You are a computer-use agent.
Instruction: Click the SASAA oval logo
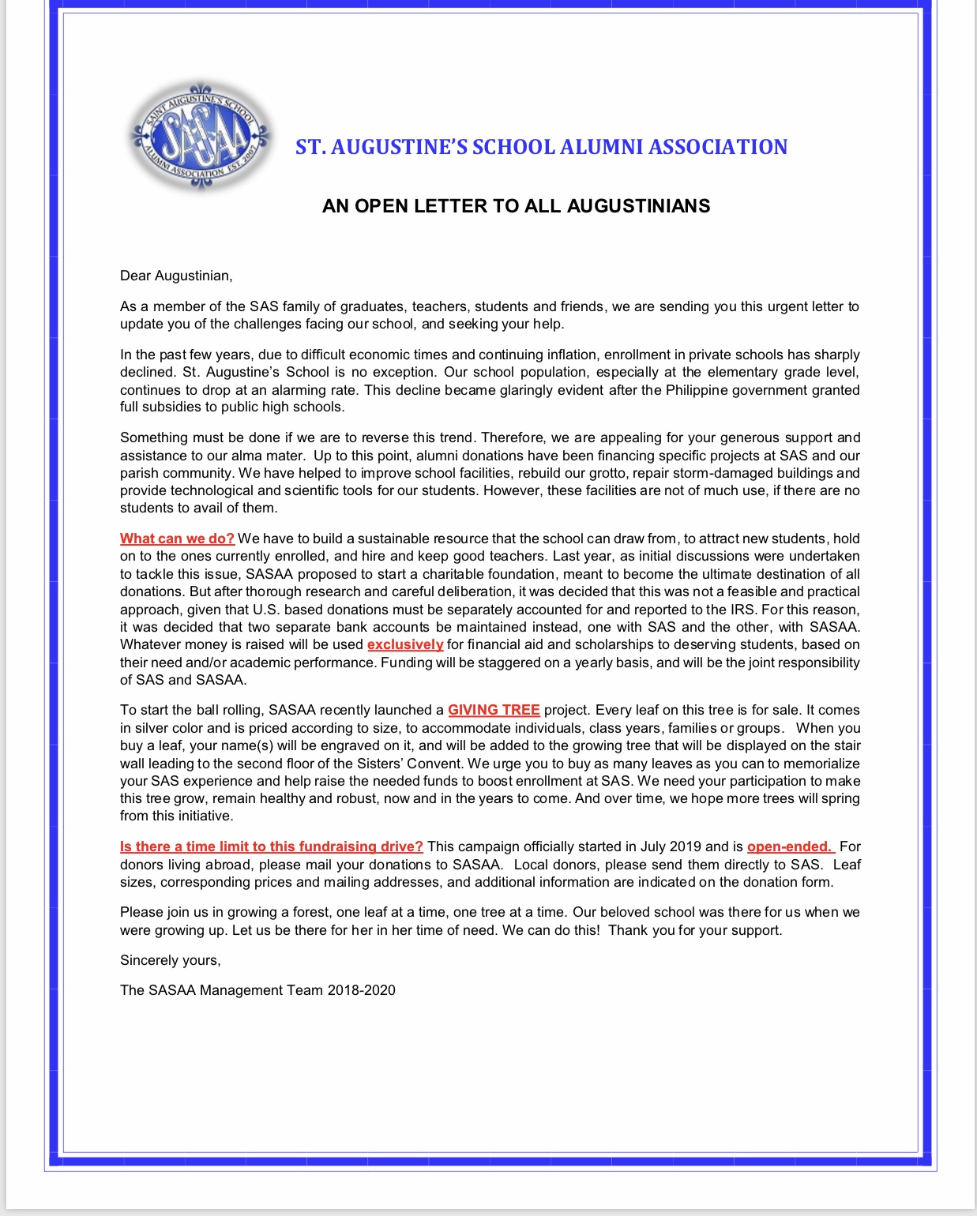point(201,136)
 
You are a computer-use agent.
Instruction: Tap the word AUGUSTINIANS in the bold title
point(638,206)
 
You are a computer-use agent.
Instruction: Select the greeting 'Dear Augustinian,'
point(176,276)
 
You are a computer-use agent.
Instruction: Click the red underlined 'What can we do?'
point(177,539)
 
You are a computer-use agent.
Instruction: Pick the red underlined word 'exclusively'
point(405,644)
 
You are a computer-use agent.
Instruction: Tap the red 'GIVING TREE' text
point(494,710)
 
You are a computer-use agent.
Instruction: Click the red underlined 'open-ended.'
point(789,846)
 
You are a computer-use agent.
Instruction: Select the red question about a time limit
point(271,846)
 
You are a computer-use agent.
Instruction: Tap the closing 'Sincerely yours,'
point(171,960)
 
